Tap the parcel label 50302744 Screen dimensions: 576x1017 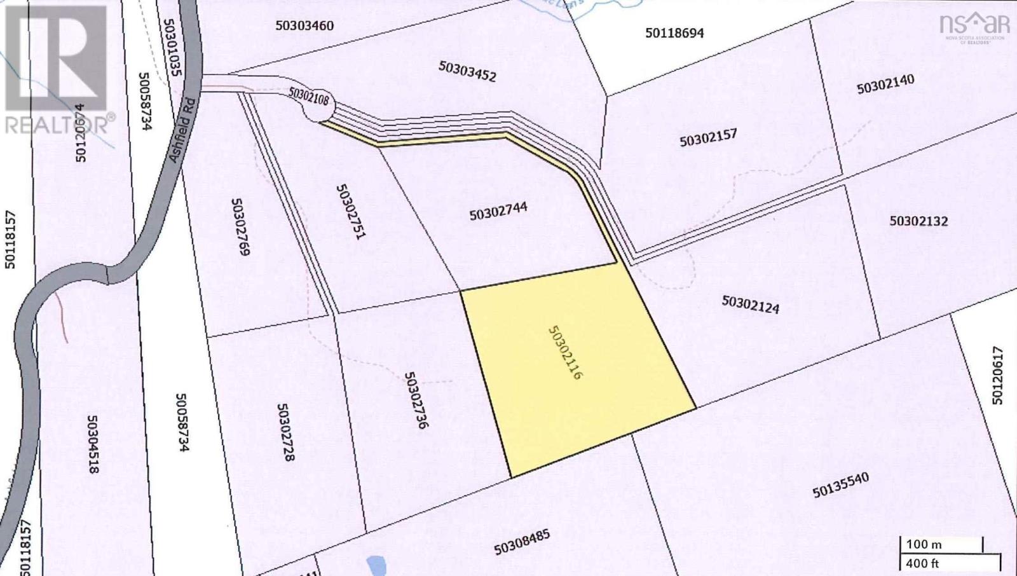pos(498,211)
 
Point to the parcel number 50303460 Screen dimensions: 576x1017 pos(305,26)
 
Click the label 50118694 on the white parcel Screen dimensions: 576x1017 pos(674,32)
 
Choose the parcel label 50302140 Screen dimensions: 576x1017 pos(885,84)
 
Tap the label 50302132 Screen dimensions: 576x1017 pos(918,221)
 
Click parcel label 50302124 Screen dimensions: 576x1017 pos(750,304)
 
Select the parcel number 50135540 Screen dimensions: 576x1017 pos(840,484)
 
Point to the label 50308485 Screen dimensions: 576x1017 pos(521,542)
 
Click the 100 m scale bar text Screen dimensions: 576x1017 pos(924,544)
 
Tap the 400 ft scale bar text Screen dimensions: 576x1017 pos(923,563)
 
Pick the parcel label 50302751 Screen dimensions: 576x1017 pos(351,212)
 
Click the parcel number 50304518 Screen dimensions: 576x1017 pos(93,445)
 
